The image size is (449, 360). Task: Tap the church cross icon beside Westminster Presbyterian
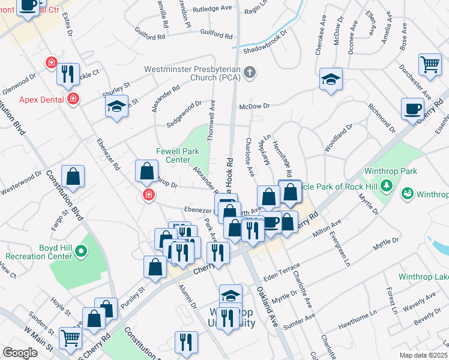pos(250,73)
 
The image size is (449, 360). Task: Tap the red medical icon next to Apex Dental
pos(73,98)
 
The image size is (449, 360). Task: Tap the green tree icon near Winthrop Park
pos(388,184)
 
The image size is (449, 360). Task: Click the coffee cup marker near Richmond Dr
pos(412,110)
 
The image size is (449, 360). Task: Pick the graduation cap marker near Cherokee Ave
pos(330,80)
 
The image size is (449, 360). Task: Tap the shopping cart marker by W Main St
pos(71,340)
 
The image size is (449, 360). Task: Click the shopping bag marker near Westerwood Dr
pos(73,177)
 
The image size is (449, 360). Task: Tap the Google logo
pos(20,353)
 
